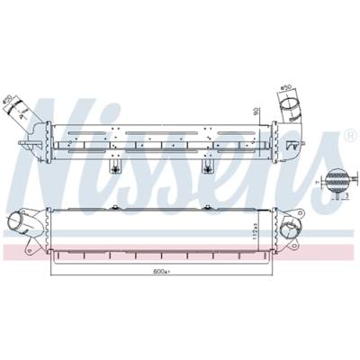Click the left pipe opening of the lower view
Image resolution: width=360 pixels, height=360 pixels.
[x=17, y=225]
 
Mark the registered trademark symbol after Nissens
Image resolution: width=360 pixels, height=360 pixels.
[x=350, y=136]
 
